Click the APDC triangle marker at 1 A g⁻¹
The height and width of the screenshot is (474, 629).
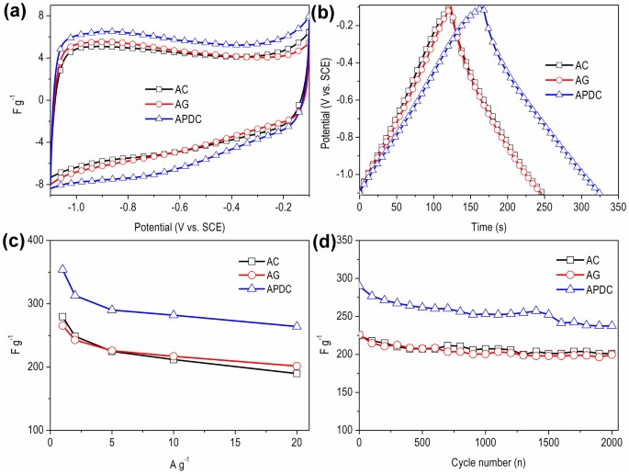tap(62, 270)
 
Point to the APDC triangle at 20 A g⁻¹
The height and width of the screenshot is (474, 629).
tap(297, 326)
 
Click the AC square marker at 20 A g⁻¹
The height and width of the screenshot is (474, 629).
tap(297, 373)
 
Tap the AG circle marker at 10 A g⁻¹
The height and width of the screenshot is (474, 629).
tap(174, 356)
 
